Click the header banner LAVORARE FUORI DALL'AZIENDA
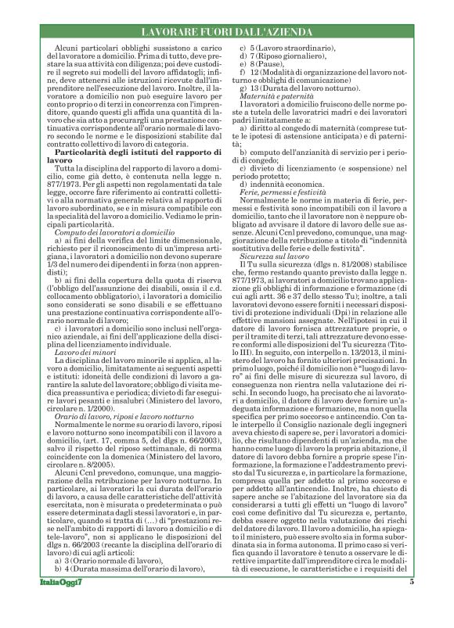pos(226,32)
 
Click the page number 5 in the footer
pos(412,603)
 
